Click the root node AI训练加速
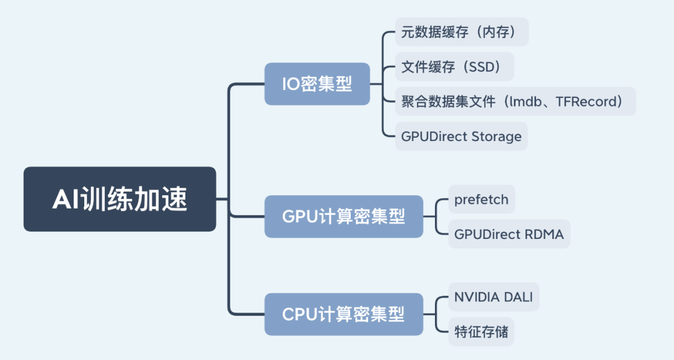[120, 199]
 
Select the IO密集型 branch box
[317, 84]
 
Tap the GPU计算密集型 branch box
[344, 216]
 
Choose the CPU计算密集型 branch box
[344, 314]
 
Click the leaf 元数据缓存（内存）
[462, 32]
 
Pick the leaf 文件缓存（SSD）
[454, 67]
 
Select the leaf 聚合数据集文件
[515, 101]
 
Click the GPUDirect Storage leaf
[461, 136]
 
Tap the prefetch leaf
[481, 199]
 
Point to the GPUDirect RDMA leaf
[509, 234]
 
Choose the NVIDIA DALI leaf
[494, 297]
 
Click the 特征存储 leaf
[481, 332]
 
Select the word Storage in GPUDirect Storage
[497, 137]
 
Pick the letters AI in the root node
[66, 199]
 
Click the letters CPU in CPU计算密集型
[300, 314]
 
